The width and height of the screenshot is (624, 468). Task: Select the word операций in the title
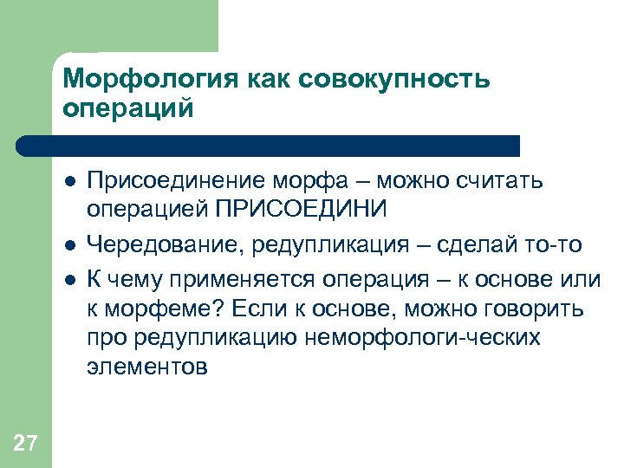click(x=127, y=109)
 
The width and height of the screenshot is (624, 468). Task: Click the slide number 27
click(x=26, y=445)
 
